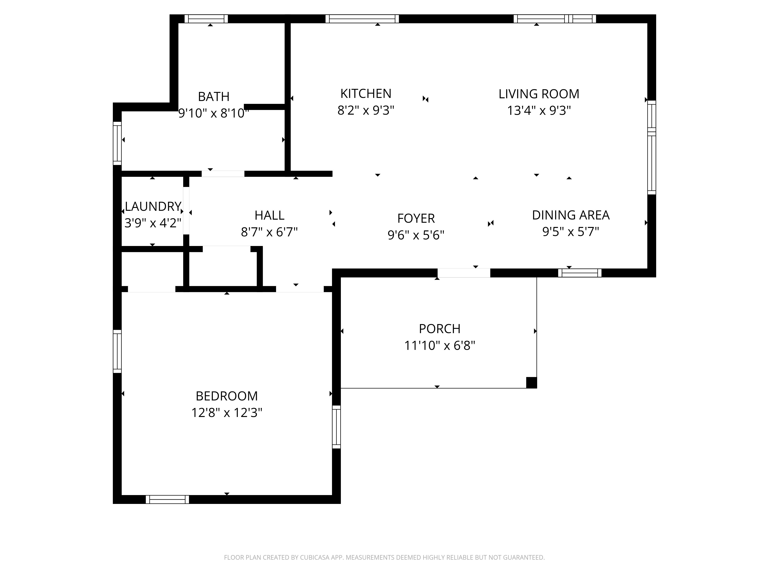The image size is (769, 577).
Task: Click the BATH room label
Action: pyautogui.click(x=213, y=96)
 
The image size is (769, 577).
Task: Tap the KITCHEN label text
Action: pyautogui.click(x=366, y=93)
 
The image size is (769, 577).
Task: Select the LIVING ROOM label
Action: pyautogui.click(x=539, y=94)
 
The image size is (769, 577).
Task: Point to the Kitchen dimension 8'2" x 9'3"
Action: pyautogui.click(x=366, y=110)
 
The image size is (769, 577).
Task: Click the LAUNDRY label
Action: pyautogui.click(x=153, y=206)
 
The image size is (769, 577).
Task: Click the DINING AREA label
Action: pyautogui.click(x=571, y=215)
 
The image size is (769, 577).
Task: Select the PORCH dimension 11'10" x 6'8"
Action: pyautogui.click(x=439, y=345)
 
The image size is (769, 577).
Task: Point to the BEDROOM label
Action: pyautogui.click(x=227, y=396)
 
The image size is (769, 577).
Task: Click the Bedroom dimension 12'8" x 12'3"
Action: pyautogui.click(x=227, y=413)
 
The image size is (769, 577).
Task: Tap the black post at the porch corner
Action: pyautogui.click(x=532, y=383)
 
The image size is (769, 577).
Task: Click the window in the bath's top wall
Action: pyautogui.click(x=206, y=19)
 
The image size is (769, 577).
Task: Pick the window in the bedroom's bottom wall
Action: pyautogui.click(x=167, y=499)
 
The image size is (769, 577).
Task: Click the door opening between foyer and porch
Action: pyautogui.click(x=464, y=273)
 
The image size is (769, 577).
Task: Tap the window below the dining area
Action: pyautogui.click(x=580, y=273)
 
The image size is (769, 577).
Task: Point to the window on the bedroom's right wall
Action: pyautogui.click(x=336, y=427)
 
